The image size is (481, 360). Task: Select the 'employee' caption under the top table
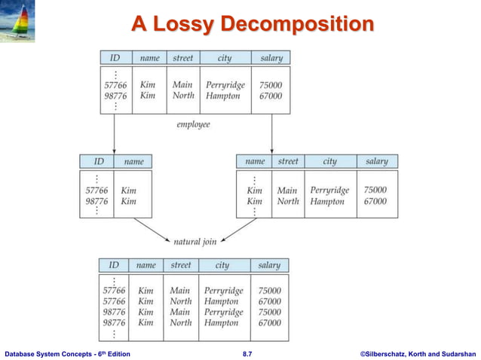[x=193, y=124]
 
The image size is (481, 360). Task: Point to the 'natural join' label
[x=195, y=242]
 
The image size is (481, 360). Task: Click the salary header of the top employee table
[x=271, y=57]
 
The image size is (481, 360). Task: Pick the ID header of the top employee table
[x=115, y=57]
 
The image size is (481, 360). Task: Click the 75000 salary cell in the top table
[x=270, y=85]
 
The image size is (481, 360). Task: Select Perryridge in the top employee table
[x=225, y=85]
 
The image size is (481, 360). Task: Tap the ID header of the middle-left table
[x=98, y=161]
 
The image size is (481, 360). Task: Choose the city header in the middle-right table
[x=329, y=161]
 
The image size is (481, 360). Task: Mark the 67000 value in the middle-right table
[x=375, y=202]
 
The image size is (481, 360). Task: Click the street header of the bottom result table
[x=181, y=265]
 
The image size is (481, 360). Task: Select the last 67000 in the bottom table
[x=269, y=322]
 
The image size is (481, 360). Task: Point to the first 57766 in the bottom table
[x=114, y=291]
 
